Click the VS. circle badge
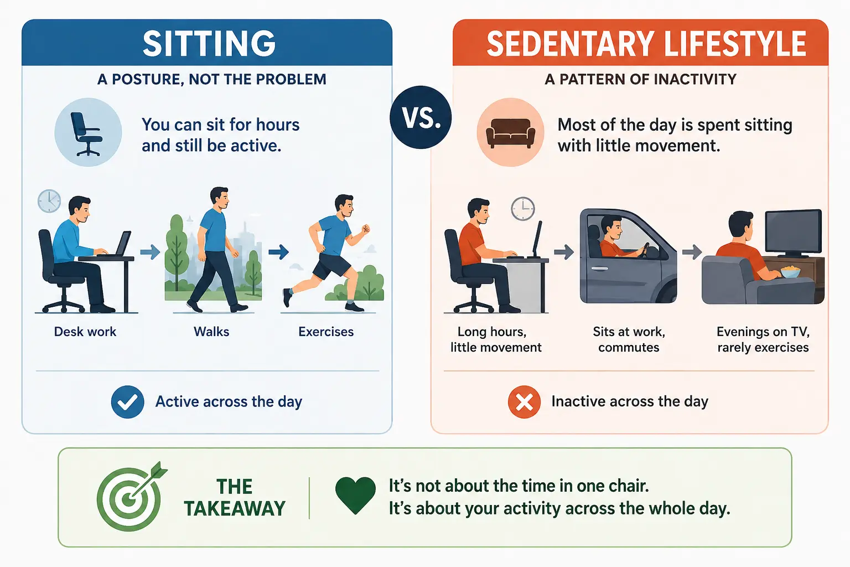tap(421, 117)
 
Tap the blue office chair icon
tap(87, 133)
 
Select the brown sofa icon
tap(510, 133)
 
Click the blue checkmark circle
tap(127, 402)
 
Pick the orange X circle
tap(524, 402)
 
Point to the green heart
tap(355, 495)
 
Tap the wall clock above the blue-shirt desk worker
tap(49, 201)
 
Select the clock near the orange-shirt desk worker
tap(522, 209)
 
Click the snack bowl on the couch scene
tap(790, 271)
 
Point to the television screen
tap(793, 231)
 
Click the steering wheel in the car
tap(644, 250)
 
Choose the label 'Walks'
tap(211, 332)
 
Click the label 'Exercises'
tap(326, 332)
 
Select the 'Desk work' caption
tap(85, 332)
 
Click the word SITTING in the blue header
tap(209, 44)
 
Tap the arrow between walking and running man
tap(278, 251)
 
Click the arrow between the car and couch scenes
tap(692, 251)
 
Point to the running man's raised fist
tap(365, 229)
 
